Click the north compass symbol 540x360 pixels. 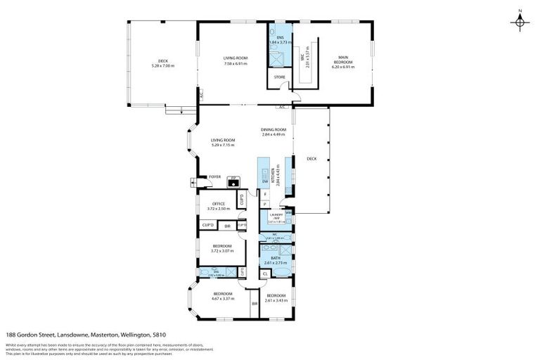click(x=519, y=22)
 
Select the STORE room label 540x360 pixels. click(x=279, y=75)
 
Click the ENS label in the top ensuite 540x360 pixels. click(x=279, y=37)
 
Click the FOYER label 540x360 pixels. click(x=214, y=176)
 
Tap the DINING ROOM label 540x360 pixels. click(x=274, y=129)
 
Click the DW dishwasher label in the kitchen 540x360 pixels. click(x=264, y=182)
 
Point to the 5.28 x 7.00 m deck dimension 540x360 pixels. click(x=162, y=66)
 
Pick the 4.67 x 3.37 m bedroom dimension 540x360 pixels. click(x=223, y=298)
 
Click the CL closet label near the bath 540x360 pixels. click(x=265, y=274)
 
